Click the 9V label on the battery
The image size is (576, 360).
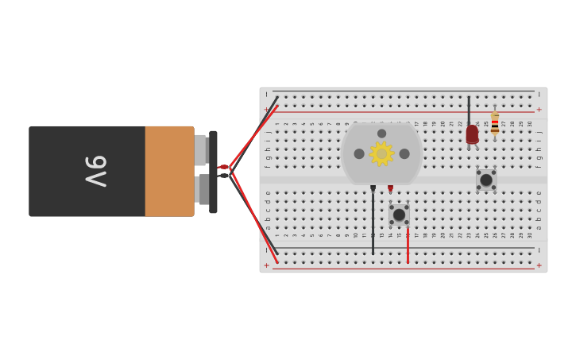click(x=96, y=171)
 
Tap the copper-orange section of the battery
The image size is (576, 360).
click(x=169, y=171)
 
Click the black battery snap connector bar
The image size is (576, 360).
click(x=213, y=172)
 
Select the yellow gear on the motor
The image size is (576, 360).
click(x=381, y=153)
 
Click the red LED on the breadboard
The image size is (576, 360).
click(x=472, y=134)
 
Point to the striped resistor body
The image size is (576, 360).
click(x=495, y=123)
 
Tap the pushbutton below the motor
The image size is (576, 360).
click(x=399, y=215)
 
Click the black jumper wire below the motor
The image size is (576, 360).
click(x=373, y=226)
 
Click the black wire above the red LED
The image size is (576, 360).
click(x=469, y=110)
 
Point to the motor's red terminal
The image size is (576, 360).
click(x=390, y=188)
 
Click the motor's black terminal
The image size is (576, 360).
click(x=373, y=188)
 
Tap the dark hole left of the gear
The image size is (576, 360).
click(x=359, y=153)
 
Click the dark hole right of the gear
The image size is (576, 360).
click(x=404, y=153)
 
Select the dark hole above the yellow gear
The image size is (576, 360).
click(x=381, y=134)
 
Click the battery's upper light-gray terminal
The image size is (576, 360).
click(x=200, y=149)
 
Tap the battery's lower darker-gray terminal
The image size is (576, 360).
click(x=203, y=189)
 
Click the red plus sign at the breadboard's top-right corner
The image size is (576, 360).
click(x=539, y=110)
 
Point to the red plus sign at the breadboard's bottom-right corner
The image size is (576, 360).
click(x=539, y=265)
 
